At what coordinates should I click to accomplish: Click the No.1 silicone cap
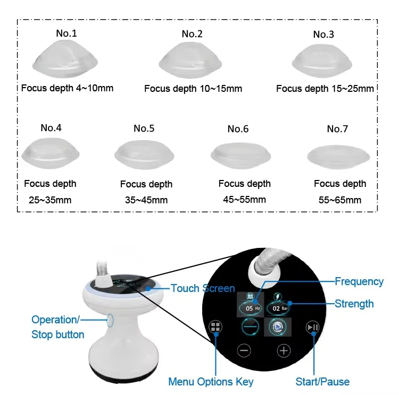pyautogui.click(x=65, y=59)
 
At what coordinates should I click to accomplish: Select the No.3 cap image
pyautogui.click(x=322, y=61)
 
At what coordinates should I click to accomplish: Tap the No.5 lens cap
pyautogui.click(x=144, y=154)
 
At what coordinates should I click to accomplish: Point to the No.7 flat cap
pyautogui.click(x=338, y=157)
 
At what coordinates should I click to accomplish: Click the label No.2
pyautogui.click(x=192, y=34)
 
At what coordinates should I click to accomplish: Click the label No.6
pyautogui.click(x=238, y=129)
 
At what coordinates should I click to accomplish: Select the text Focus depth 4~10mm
pyautogui.click(x=67, y=88)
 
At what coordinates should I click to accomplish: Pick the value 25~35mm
pyautogui.click(x=50, y=200)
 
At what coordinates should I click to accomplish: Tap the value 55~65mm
pyautogui.click(x=340, y=200)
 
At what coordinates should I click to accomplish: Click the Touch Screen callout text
pyautogui.click(x=203, y=288)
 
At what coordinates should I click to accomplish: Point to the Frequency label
pyautogui.click(x=359, y=281)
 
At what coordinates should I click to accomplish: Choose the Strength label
pyautogui.click(x=354, y=304)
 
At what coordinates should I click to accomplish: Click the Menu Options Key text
pyautogui.click(x=211, y=382)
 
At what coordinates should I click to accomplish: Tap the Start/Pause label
pyautogui.click(x=323, y=382)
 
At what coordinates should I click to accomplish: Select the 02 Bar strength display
pyautogui.click(x=278, y=308)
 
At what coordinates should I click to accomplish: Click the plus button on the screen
pyautogui.click(x=284, y=351)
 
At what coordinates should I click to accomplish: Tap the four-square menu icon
pyautogui.click(x=215, y=327)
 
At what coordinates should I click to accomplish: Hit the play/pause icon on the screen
pyautogui.click(x=313, y=327)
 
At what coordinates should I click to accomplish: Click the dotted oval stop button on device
pyautogui.click(x=110, y=321)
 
